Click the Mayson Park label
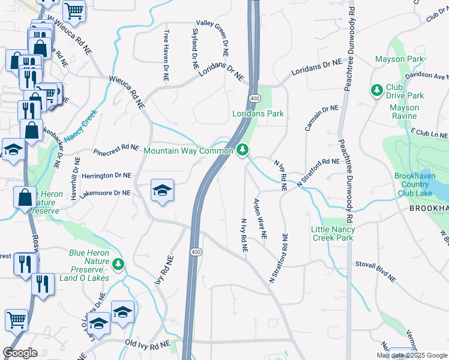point(399,59)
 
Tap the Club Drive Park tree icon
point(377,90)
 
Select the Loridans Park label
point(258,114)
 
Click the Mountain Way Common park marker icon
point(243,149)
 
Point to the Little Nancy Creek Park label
point(333,233)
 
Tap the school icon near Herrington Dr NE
point(162,191)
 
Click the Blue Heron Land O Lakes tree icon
point(119,263)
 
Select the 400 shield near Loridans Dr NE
point(253,98)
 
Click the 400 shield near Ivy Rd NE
point(196,250)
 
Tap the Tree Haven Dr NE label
point(165,56)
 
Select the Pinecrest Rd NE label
point(116,149)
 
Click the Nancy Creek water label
point(82,125)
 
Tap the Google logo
point(20,353)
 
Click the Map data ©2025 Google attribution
point(412,355)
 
